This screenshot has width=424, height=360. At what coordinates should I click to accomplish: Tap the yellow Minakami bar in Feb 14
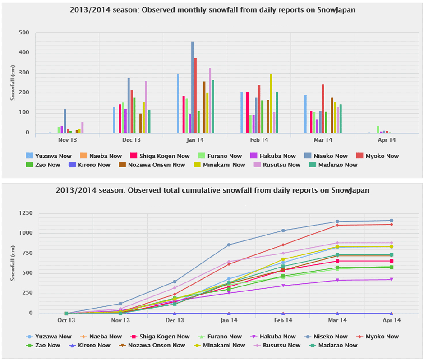click(271, 104)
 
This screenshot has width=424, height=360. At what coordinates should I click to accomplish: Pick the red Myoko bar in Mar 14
click(323, 109)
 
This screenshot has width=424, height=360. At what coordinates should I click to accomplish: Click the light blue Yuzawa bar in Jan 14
click(178, 103)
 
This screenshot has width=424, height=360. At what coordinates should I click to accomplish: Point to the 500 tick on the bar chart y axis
click(24, 33)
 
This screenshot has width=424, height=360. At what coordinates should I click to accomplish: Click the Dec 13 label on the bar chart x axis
click(131, 140)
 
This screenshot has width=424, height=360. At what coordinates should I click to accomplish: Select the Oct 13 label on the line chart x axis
click(66, 320)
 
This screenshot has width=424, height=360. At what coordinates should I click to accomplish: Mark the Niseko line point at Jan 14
click(229, 245)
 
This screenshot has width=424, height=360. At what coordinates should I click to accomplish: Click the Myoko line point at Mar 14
click(337, 225)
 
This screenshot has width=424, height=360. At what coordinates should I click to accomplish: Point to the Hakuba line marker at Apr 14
click(392, 280)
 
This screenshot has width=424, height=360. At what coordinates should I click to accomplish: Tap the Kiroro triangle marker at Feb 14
click(283, 313)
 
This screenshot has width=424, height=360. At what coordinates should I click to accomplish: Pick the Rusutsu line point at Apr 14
click(392, 243)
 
